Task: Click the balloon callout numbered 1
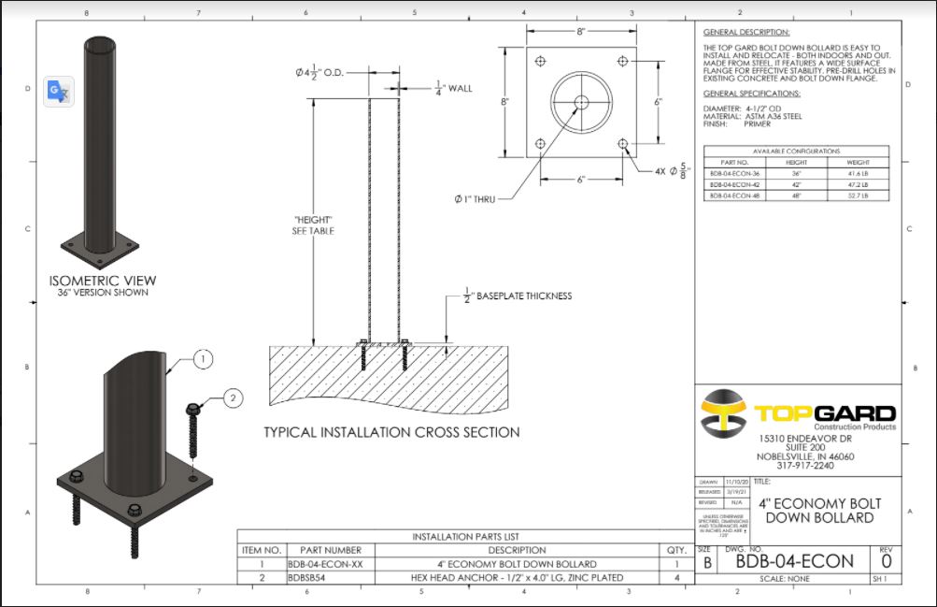pos(205,358)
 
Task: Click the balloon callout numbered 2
pos(234,397)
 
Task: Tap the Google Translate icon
pos(59,91)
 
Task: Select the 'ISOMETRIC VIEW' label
pos(103,281)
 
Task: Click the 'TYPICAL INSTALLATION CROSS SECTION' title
pos(391,432)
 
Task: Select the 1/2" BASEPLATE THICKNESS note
pos(518,296)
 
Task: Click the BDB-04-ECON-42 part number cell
pos(734,184)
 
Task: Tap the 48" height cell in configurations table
pos(797,195)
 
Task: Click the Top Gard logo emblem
pos(722,413)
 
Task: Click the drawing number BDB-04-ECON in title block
pos(794,561)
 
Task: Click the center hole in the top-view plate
pos(580,102)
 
